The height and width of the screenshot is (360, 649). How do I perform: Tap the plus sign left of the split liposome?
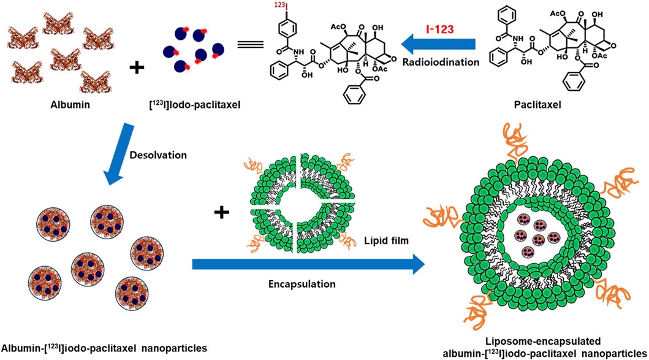click(221, 213)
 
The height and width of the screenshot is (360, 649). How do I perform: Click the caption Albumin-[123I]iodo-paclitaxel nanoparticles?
click(104, 349)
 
